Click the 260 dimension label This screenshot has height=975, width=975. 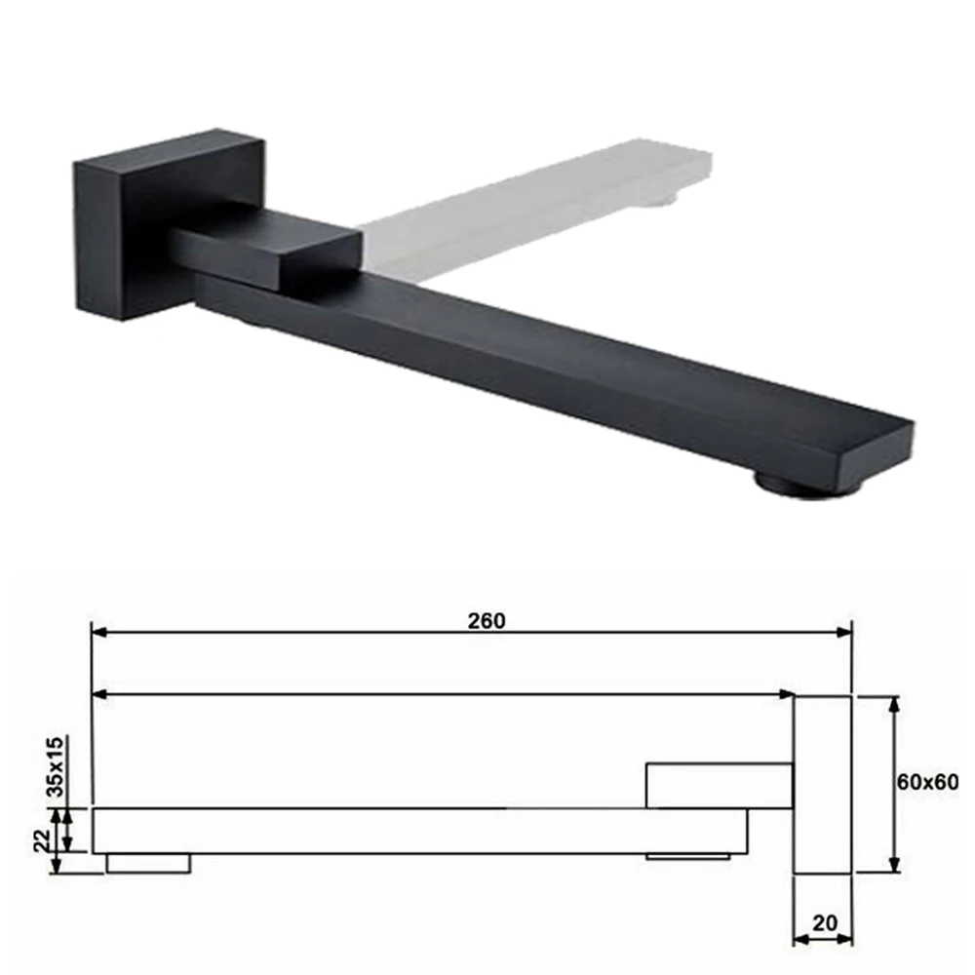[x=487, y=620]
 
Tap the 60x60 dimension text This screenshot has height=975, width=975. [x=927, y=782]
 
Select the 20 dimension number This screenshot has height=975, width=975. [x=825, y=922]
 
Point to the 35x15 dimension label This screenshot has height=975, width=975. [x=56, y=766]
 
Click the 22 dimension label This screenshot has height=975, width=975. [x=42, y=840]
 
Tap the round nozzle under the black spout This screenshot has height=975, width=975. [x=806, y=484]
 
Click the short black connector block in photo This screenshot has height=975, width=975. [x=267, y=249]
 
